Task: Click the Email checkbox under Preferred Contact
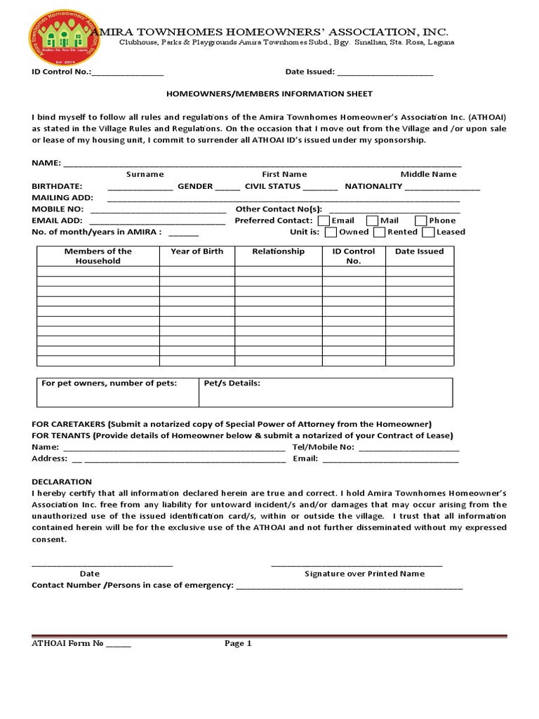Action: click(324, 220)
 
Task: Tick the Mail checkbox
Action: click(373, 220)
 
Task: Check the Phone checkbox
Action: click(421, 220)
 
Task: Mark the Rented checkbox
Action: click(379, 232)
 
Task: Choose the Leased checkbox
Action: click(428, 232)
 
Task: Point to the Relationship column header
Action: click(278, 251)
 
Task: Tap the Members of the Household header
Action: click(98, 256)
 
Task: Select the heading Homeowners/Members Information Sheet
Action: click(269, 93)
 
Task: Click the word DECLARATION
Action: click(62, 482)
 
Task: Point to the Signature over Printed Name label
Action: click(364, 574)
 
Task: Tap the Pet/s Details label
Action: click(232, 383)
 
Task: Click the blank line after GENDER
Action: click(227, 187)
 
